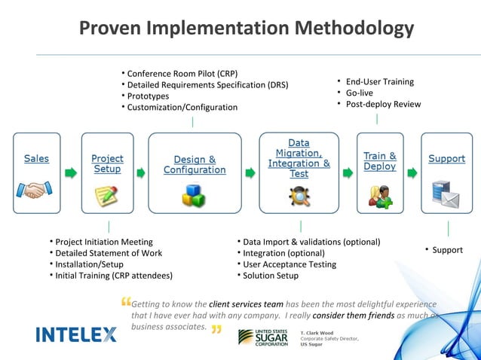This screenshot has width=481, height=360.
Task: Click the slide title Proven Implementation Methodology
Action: coord(247,29)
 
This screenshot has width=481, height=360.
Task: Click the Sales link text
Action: coord(36,159)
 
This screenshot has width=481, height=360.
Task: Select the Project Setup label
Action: coord(107,163)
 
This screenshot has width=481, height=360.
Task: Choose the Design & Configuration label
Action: coord(195,164)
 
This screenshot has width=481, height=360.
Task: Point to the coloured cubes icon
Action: coord(194,196)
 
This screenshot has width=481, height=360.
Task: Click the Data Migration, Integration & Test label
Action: coord(299,158)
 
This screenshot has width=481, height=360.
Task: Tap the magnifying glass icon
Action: coord(299,196)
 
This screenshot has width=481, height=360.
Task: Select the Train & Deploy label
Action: coord(379,161)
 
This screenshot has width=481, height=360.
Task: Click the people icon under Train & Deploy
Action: coord(379,196)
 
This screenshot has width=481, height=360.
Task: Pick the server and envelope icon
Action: coord(446,194)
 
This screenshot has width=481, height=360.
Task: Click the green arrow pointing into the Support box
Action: coord(412,173)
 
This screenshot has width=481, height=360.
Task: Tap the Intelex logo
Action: coord(76,334)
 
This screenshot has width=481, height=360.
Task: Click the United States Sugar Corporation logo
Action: coord(262,337)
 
